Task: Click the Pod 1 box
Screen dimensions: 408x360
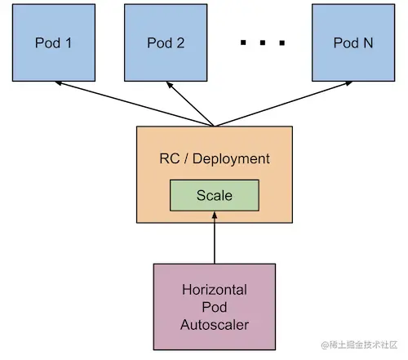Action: click(x=54, y=42)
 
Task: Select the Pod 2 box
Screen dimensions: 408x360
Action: click(x=166, y=42)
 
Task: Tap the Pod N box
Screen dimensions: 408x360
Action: click(x=353, y=42)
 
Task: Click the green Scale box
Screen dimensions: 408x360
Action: click(x=215, y=195)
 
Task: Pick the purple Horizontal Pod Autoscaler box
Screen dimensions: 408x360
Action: click(x=215, y=307)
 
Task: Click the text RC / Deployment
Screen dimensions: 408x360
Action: click(x=215, y=158)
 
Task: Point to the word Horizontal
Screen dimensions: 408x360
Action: click(x=215, y=290)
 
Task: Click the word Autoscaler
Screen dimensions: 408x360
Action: click(x=215, y=325)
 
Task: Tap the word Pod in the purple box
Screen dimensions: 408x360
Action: click(x=215, y=307)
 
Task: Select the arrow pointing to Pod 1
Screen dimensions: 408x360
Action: click(x=134, y=104)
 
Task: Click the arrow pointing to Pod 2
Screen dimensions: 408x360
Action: click(x=190, y=104)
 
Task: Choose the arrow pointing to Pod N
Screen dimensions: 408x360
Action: click(x=283, y=104)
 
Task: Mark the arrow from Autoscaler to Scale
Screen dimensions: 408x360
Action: click(x=215, y=238)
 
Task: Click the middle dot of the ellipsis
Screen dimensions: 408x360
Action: click(x=263, y=42)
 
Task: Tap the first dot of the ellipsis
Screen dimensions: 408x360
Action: click(x=243, y=42)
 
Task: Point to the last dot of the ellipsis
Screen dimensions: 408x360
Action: click(x=282, y=42)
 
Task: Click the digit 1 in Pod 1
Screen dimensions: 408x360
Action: click(x=69, y=42)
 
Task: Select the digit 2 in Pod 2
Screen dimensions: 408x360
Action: click(x=180, y=42)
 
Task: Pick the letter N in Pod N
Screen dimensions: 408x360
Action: click(x=368, y=42)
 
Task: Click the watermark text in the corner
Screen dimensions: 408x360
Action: click(x=359, y=344)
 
